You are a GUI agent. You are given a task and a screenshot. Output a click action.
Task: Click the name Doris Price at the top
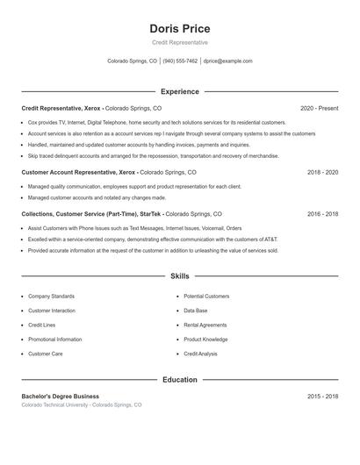coord(180,29)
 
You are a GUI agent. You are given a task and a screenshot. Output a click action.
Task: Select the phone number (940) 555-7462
coord(180,61)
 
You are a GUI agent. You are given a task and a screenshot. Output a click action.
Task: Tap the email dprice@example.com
coord(227,61)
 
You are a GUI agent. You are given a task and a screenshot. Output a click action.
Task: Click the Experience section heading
coord(180,91)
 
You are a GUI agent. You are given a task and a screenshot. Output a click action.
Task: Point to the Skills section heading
coord(180,275)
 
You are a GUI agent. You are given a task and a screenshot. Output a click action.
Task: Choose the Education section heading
coord(180,380)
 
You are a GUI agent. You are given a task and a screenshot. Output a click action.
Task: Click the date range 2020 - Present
coord(319,108)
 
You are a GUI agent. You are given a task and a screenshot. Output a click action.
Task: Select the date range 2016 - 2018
coord(322,213)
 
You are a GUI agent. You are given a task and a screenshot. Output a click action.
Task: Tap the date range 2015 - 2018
coord(322,397)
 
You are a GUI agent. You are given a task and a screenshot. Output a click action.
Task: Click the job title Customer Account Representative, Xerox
coord(79,173)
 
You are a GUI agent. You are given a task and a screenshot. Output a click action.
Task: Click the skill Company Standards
coord(51,297)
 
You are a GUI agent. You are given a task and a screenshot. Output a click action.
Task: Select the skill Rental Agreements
coord(205,325)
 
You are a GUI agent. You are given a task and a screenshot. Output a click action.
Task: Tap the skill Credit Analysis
coord(200,354)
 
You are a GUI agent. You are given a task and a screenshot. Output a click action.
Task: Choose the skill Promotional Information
coord(54,339)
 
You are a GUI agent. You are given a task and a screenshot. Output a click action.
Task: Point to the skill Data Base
coord(196,311)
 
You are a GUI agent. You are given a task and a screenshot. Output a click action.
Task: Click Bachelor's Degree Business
coord(61,397)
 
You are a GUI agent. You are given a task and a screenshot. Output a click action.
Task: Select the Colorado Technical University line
coord(81,405)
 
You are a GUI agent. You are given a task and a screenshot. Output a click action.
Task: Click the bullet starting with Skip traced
coord(153,155)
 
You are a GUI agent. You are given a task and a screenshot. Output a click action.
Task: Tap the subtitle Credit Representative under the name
coord(180,42)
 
